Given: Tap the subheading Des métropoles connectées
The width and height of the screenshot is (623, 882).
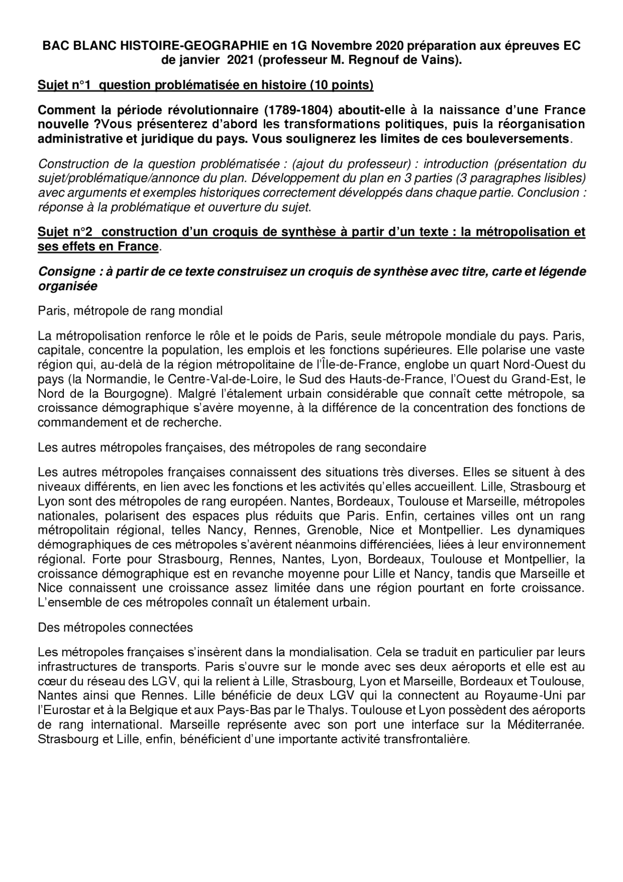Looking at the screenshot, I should click(x=115, y=627).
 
